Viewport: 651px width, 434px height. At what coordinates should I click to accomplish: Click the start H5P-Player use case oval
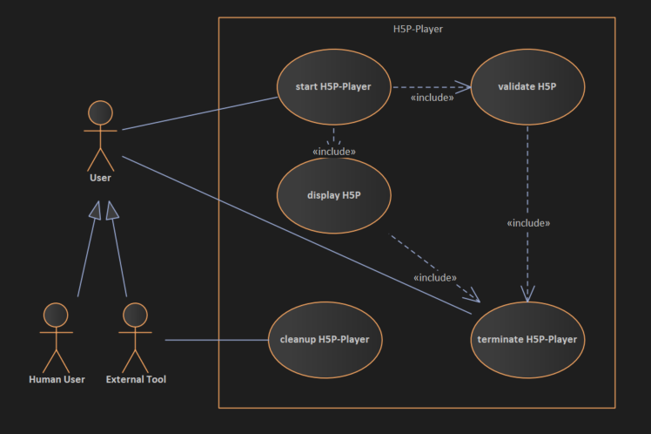point(334,87)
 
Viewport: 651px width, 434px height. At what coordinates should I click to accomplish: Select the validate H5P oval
point(527,87)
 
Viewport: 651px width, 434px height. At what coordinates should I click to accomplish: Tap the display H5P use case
point(334,194)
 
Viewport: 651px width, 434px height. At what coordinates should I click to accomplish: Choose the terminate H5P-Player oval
point(527,339)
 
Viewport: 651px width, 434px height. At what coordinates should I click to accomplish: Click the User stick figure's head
point(101,112)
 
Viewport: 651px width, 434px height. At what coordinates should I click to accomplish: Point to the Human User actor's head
point(57,315)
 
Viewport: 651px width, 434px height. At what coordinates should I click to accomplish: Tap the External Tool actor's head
point(135,315)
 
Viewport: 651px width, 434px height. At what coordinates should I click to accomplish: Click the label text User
point(100,178)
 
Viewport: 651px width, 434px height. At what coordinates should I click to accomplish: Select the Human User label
point(57,379)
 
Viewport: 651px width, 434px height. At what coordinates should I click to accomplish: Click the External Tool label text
point(136,379)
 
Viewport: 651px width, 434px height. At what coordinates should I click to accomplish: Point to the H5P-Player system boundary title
point(418,29)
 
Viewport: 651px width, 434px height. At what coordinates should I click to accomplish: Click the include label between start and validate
point(432,98)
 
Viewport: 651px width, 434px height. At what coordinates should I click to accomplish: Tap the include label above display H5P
point(334,152)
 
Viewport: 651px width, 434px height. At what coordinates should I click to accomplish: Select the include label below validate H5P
point(528,223)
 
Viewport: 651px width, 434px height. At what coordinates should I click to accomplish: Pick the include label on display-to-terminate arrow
point(435,278)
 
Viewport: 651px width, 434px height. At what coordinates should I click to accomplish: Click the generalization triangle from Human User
point(93,210)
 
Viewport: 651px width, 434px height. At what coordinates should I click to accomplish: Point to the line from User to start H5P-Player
point(200,113)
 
